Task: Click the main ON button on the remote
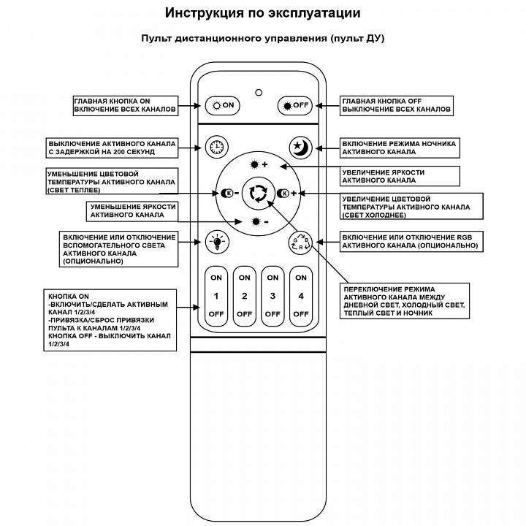point(223,105)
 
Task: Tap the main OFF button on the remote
point(295,105)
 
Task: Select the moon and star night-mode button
point(300,148)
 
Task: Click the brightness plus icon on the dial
point(258,164)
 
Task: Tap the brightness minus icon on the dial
point(258,221)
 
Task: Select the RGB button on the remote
point(300,242)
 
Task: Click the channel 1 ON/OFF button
point(216,296)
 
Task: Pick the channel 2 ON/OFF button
point(245,296)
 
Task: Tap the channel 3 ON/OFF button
point(272,296)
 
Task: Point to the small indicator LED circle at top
point(258,93)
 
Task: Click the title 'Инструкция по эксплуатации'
point(262,13)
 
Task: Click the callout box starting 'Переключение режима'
point(407,300)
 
